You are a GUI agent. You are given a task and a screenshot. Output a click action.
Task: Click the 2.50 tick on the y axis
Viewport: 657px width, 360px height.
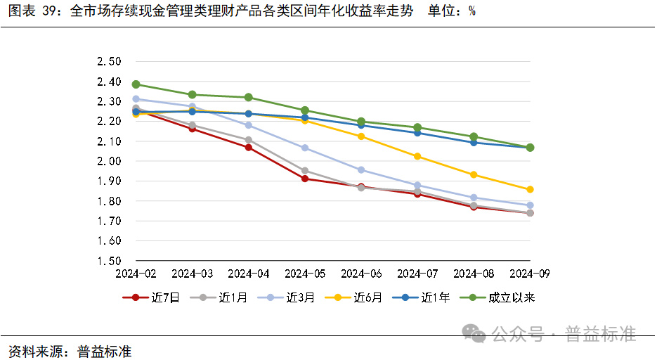coord(109,62)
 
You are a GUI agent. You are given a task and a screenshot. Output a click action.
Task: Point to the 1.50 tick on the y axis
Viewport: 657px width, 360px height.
coord(109,261)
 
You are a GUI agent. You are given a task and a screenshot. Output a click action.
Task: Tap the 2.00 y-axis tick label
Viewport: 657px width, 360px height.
coord(109,161)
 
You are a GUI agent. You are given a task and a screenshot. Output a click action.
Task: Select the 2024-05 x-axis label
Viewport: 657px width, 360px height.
coord(305,273)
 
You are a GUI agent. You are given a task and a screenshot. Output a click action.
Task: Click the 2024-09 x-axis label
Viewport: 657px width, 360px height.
coord(531,273)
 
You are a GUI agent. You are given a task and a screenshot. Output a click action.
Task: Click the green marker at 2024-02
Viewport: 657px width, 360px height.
coord(136,84)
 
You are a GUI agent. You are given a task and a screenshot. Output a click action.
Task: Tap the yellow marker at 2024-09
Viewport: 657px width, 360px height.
coord(531,189)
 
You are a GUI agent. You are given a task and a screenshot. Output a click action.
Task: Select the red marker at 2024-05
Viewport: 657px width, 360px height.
coord(305,179)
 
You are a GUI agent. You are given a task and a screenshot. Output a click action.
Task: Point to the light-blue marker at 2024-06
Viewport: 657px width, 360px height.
coord(361,170)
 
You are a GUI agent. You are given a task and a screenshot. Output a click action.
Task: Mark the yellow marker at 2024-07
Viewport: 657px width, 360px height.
coord(417,156)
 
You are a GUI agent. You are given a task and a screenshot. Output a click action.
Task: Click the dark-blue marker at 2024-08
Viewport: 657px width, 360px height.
coord(474,143)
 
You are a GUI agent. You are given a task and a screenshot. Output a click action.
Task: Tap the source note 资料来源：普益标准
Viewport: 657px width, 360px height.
coord(70,350)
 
